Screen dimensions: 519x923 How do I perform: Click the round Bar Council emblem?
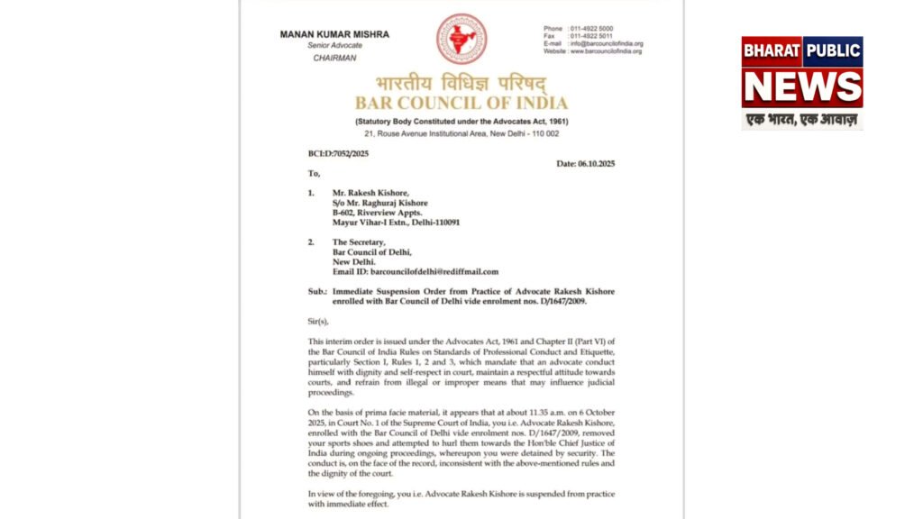point(461,39)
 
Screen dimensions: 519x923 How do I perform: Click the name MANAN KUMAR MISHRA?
point(334,34)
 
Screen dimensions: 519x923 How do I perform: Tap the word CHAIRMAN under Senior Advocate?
point(334,58)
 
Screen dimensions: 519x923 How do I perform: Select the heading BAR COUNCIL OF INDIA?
point(461,102)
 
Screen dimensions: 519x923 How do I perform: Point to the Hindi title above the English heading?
point(461,83)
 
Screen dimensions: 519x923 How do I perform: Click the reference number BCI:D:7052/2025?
point(338,153)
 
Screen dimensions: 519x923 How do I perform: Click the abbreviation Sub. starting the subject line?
point(317,292)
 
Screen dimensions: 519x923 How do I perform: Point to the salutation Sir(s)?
point(319,321)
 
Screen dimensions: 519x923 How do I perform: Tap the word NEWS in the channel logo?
point(802,86)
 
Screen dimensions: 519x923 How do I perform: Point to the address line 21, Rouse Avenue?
point(461,133)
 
